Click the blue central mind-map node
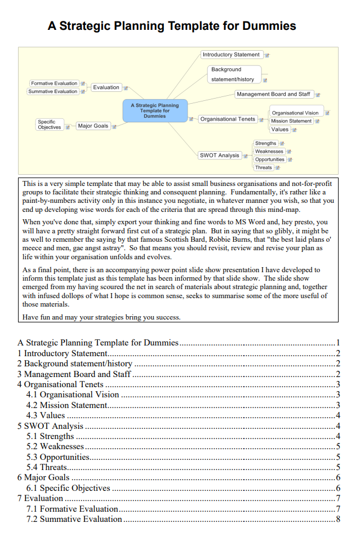[x=154, y=110]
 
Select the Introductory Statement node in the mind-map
[x=231, y=55]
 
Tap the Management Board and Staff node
[x=273, y=94]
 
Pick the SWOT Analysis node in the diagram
[x=219, y=155]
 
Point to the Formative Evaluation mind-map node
[x=54, y=83]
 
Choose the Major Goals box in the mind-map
[x=93, y=126]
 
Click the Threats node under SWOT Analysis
[x=263, y=167]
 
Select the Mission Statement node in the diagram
[x=291, y=121]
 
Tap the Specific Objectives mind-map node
[x=50, y=125]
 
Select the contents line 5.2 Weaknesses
[x=55, y=446]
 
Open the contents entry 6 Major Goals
[x=43, y=477]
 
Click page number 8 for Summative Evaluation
[x=337, y=519]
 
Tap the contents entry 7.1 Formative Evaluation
[x=72, y=509]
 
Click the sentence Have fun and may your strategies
[x=101, y=317]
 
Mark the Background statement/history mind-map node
[x=233, y=74]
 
